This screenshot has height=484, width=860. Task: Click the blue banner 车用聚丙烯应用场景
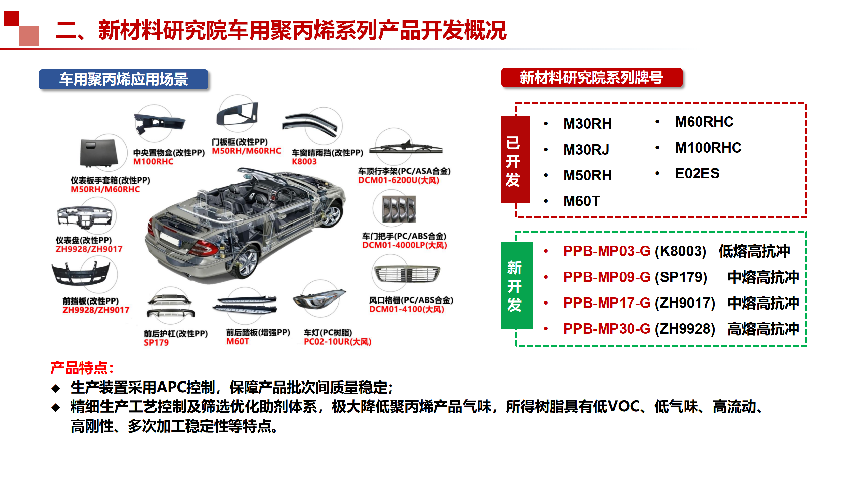[x=124, y=79]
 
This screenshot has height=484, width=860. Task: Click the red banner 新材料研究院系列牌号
[x=592, y=78]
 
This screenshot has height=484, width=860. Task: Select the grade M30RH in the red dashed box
[x=588, y=124]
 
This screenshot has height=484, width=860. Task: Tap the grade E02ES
[x=697, y=173]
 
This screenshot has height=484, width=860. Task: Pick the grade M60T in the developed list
[x=582, y=201]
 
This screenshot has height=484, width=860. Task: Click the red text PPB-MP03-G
[x=607, y=251]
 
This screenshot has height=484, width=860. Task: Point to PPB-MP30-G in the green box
[x=607, y=329]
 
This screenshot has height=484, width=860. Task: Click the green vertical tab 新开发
[x=517, y=286]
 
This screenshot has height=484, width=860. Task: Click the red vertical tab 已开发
[x=515, y=159]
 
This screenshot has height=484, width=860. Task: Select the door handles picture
[x=399, y=209]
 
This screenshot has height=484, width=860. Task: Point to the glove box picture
[x=99, y=153]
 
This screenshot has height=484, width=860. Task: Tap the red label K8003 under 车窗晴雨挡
[x=304, y=162]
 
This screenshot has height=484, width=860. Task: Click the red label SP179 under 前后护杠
[x=156, y=342]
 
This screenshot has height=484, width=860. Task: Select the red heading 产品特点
[x=82, y=368]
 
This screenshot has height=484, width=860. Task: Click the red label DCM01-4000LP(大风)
[x=404, y=245]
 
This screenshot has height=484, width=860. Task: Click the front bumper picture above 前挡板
[x=81, y=273]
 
